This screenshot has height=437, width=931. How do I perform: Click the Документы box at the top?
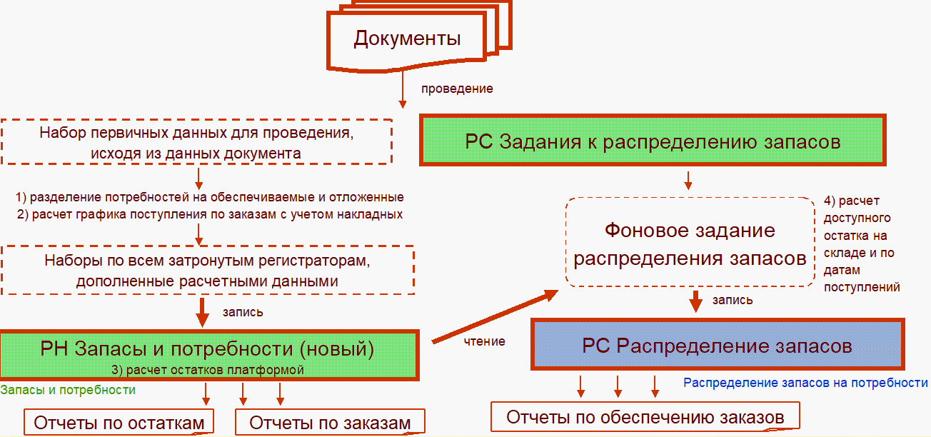pos(407,39)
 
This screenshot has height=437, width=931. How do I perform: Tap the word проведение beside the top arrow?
pos(457,89)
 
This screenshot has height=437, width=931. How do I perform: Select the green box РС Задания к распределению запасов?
pos(653,141)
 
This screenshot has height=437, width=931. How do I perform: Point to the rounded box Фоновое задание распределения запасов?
pos(690,243)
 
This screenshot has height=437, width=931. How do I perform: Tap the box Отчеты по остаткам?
pos(119,423)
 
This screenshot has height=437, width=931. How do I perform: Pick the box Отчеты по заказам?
pos(330,423)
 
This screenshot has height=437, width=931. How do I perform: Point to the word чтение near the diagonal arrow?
pos(485,341)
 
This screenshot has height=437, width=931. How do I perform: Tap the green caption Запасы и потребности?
pos(68,390)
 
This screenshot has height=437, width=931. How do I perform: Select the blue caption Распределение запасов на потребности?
pos(805,383)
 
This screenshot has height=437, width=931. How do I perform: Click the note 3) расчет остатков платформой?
pos(207,370)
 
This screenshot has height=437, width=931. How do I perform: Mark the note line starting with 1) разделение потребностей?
pos(209,197)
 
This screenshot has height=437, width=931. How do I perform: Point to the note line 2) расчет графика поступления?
pos(209,214)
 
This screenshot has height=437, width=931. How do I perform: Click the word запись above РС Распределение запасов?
pos(732,300)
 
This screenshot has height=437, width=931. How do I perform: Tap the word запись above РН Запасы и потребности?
pos(243,312)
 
